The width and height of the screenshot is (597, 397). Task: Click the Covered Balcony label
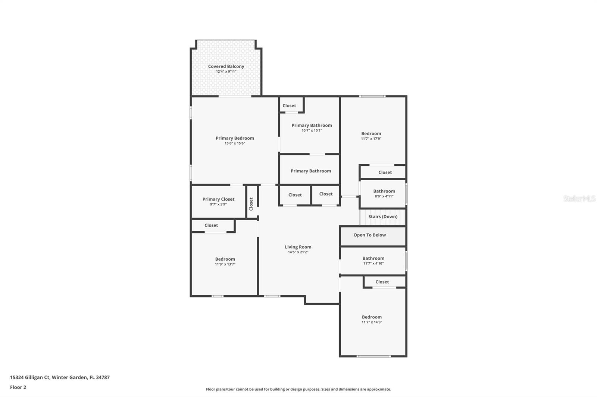tap(226, 66)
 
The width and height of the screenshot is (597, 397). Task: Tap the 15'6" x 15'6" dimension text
tap(235, 143)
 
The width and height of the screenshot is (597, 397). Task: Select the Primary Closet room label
tap(218, 199)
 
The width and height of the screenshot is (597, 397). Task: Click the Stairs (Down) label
tap(383, 216)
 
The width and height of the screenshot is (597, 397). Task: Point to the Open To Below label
tap(369, 235)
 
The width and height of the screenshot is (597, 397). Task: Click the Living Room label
tap(298, 247)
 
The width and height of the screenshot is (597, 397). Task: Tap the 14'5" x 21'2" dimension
tap(298, 252)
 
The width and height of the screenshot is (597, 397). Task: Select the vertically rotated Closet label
tap(251, 204)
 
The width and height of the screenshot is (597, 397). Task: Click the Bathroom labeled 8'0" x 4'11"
tap(384, 191)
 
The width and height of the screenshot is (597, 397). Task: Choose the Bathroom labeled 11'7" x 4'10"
tap(373, 258)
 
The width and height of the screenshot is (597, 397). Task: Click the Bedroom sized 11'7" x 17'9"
tap(371, 133)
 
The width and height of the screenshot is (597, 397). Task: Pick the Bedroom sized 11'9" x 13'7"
tap(225, 259)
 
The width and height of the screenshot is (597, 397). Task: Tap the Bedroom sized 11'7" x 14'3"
tap(372, 317)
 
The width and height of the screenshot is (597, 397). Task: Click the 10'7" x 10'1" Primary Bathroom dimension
tap(312, 130)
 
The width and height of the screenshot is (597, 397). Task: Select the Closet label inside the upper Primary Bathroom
tap(289, 106)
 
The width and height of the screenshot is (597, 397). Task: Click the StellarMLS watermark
tap(579, 198)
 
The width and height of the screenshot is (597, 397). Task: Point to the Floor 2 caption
tap(18, 387)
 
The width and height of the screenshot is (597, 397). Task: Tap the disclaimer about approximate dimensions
tap(298, 389)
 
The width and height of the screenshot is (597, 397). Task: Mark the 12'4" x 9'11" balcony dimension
tap(226, 72)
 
